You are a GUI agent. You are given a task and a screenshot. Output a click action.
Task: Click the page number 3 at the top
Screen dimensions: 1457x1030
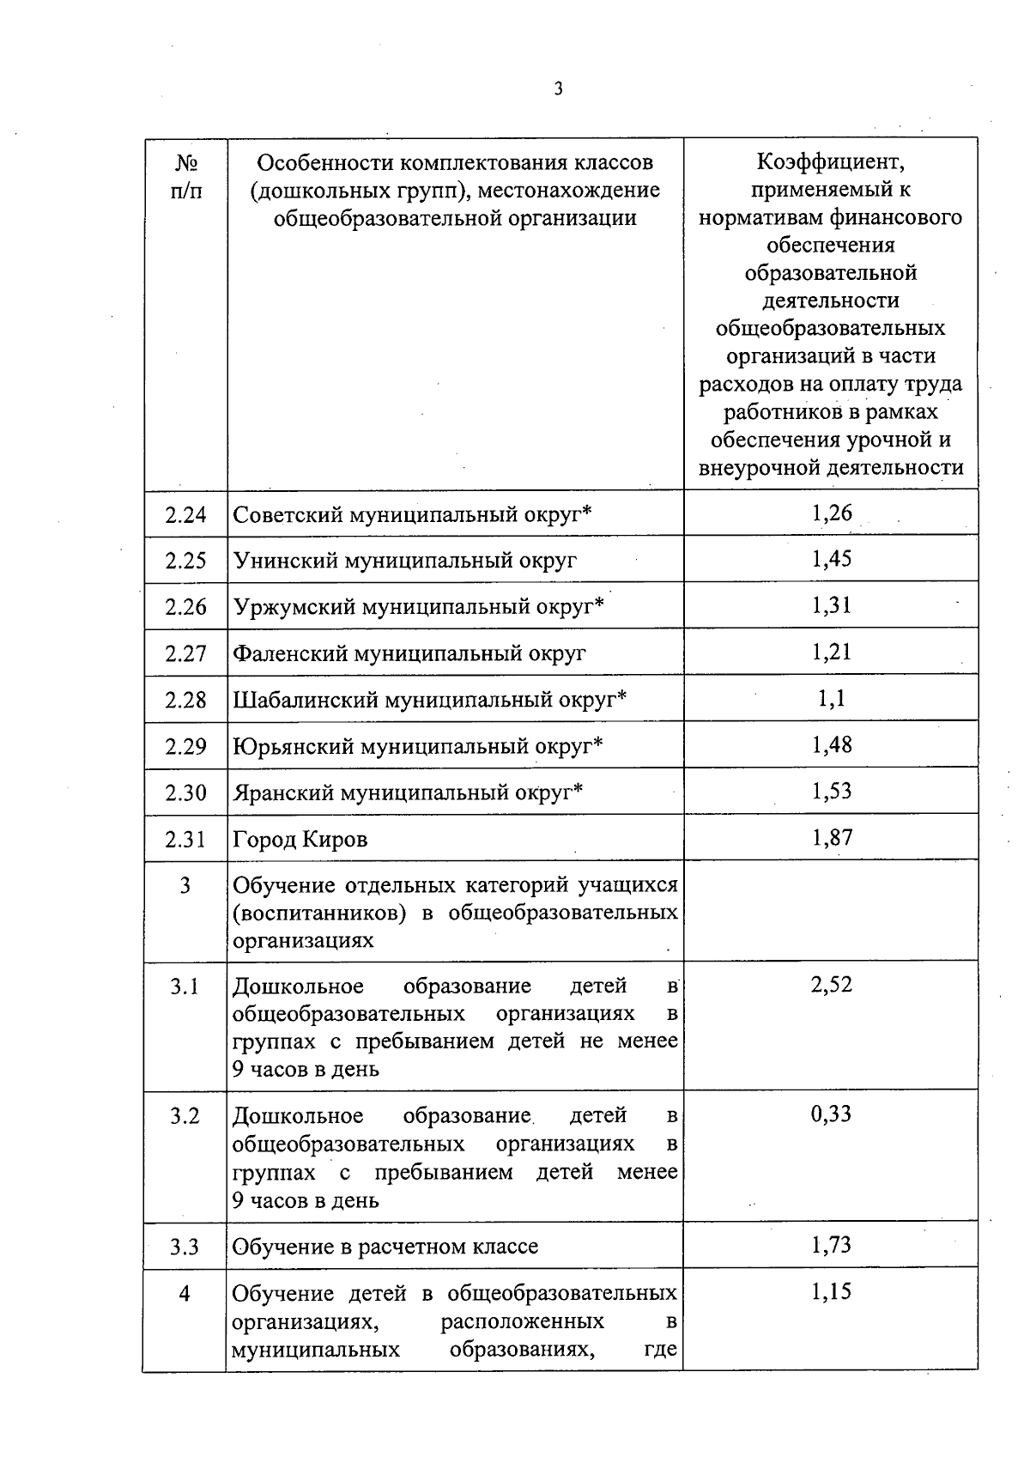click(x=559, y=88)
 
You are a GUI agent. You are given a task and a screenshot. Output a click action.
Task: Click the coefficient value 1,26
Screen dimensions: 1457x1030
click(x=831, y=513)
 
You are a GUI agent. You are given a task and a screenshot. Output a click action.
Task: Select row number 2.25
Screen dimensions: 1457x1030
click(x=185, y=561)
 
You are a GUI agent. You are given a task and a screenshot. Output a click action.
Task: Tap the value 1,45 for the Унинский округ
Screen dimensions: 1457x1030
click(x=831, y=559)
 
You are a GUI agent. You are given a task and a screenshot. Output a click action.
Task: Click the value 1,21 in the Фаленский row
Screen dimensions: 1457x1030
click(x=831, y=652)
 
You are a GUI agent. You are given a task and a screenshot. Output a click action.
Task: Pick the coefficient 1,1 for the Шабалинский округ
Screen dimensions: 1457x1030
click(x=831, y=698)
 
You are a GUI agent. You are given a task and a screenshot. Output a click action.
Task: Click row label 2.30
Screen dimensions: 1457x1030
click(x=185, y=792)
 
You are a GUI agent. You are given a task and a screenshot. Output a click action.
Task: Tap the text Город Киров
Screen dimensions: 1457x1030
click(x=300, y=839)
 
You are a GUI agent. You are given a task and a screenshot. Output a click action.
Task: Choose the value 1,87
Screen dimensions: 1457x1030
click(x=831, y=837)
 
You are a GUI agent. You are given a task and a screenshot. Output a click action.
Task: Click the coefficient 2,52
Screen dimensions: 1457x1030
click(x=831, y=985)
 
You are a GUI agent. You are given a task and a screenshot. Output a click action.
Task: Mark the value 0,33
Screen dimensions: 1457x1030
click(x=831, y=1114)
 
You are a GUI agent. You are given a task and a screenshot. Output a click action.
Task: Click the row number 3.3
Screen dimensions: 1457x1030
click(x=185, y=1247)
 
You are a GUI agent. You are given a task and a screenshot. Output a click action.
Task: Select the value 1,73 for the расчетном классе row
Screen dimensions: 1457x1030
click(x=831, y=1245)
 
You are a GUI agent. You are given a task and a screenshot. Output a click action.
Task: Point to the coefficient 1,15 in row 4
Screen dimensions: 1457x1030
click(x=831, y=1291)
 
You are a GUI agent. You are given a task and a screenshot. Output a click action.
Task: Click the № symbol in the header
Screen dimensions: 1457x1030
click(x=186, y=162)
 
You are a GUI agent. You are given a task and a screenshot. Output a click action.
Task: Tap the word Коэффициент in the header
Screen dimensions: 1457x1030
click(x=830, y=161)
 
